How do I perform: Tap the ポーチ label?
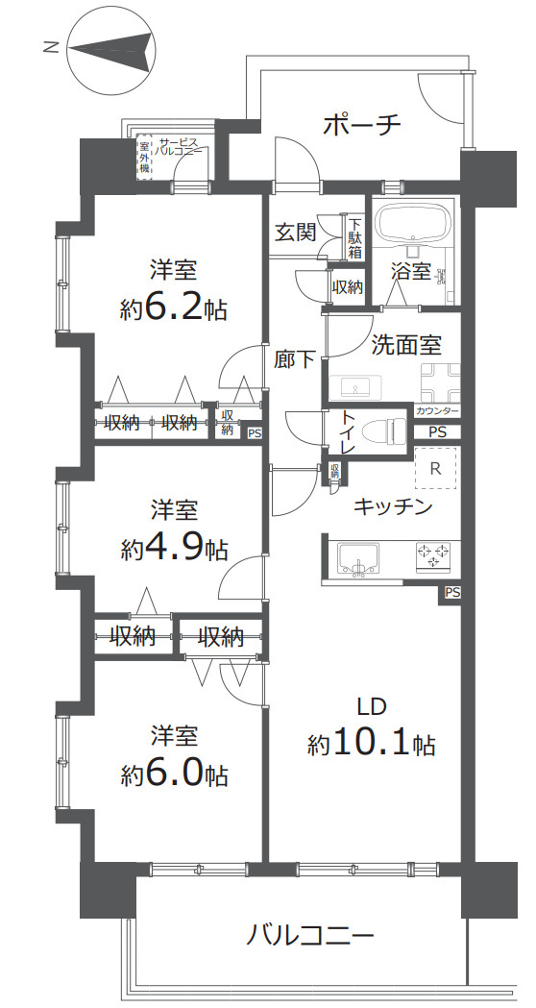pos(362,123)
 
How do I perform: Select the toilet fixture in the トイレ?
pos(383,430)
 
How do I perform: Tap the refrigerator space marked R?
pos(435,467)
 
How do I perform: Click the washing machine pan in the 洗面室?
pos(440,381)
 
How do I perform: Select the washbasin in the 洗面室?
pos(354,387)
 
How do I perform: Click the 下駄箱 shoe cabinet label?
pos(354,236)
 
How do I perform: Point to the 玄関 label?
pos(296,233)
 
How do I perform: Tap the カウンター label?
pos(437,410)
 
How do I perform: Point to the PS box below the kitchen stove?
pos(452,593)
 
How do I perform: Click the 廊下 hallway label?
pos(295,359)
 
